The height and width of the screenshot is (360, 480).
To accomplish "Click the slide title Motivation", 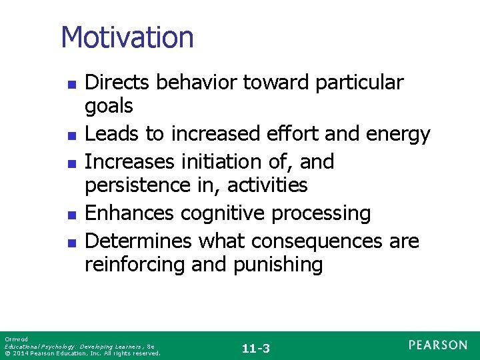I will click(127, 37).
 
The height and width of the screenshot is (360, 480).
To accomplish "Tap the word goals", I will click(109, 105).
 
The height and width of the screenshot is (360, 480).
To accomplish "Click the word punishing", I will click(278, 265).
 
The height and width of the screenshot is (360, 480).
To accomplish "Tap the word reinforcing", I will click(135, 265).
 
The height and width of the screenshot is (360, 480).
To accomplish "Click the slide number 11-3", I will click(256, 348).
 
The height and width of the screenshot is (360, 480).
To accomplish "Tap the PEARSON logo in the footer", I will click(438, 345).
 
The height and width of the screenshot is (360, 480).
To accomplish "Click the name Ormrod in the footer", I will click(13, 339).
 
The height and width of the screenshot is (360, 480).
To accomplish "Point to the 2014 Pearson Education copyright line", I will click(82, 353).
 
